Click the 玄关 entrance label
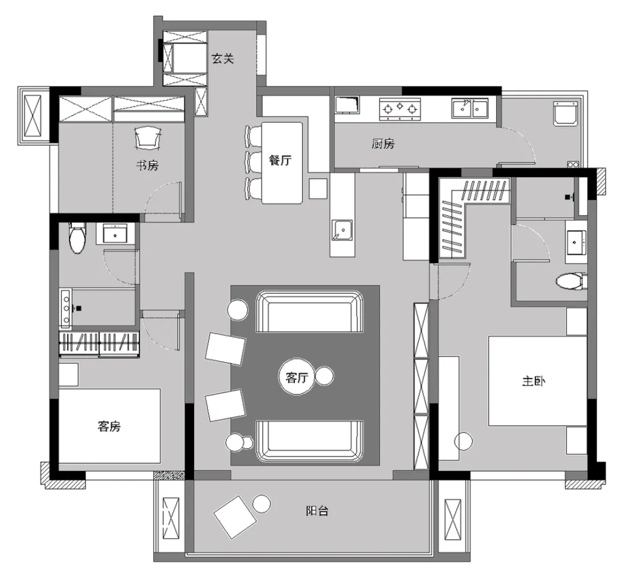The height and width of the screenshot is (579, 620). (223, 59)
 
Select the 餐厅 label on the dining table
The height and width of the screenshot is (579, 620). (280, 160)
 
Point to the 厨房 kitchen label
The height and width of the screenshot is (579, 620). (383, 144)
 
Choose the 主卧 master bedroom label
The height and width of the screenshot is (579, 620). (533, 381)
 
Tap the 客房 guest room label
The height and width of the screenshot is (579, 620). (108, 427)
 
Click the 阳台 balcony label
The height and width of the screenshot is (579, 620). (317, 511)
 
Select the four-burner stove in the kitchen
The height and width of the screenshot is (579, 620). (400, 109)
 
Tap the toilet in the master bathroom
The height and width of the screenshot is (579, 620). (570, 282)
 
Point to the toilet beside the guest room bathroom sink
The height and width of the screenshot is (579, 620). (76, 238)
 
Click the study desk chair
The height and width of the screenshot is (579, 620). (148, 137)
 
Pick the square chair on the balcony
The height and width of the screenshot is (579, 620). (234, 516)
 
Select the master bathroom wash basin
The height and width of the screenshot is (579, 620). (576, 241)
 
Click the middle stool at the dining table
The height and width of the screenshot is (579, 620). (254, 162)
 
